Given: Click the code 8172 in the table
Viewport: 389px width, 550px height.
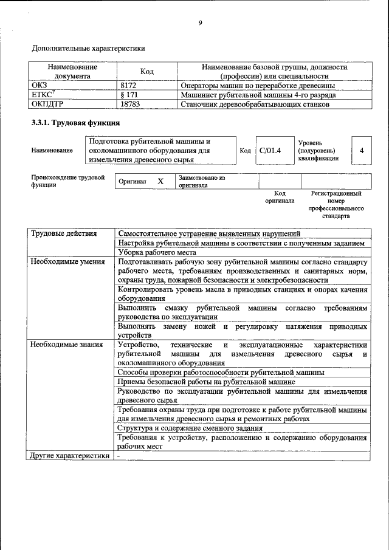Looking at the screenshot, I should pos(129,86).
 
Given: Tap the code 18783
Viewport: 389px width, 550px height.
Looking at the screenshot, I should pos(131,104).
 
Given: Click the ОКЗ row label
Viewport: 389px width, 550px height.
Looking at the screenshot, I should pos(40,86).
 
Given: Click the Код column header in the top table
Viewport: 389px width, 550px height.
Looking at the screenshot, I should pos(146,72).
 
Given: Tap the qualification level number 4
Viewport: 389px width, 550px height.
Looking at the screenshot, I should pos(362,151).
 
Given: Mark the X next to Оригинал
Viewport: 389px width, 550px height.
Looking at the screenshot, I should pos(160,182).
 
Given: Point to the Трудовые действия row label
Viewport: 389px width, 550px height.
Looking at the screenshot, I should pos(58,233).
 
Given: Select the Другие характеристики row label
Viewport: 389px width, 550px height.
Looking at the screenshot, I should pos(70,455).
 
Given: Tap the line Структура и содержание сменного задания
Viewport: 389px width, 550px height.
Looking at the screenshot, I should pos(190,428).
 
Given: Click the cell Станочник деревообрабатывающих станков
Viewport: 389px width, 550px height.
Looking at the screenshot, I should pos(255,104).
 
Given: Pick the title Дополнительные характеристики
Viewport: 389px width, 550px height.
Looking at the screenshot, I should pos(88,47).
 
